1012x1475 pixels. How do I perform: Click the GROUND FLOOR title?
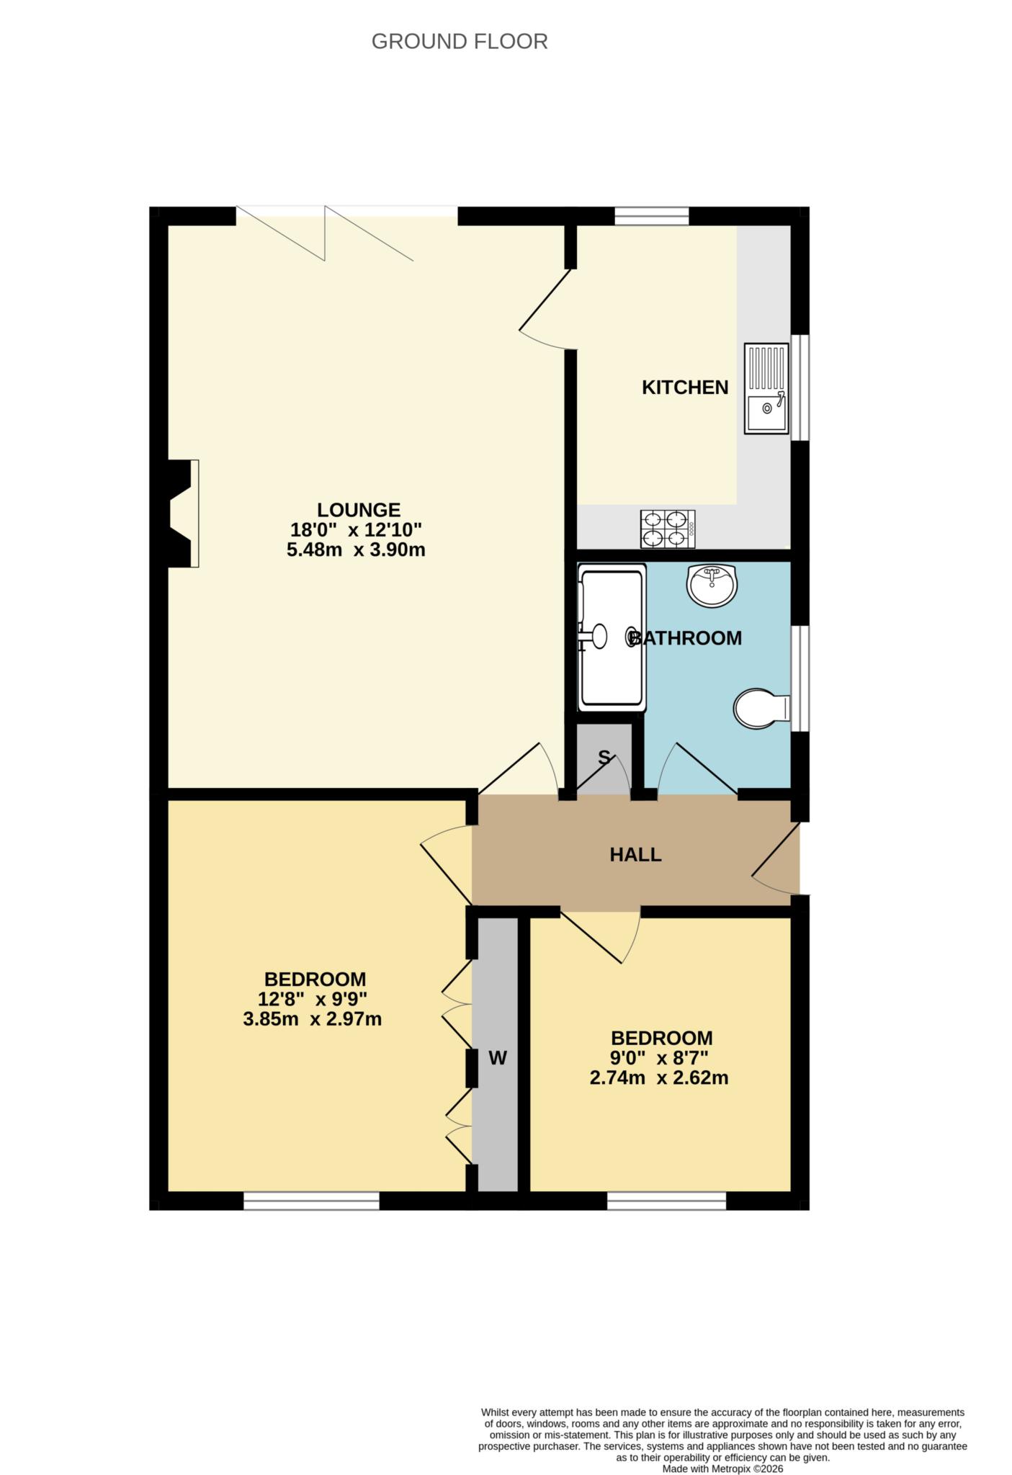460,42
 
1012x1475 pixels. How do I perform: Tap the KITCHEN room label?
685,387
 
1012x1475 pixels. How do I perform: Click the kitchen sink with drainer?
766,389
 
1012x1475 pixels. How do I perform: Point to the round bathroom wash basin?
712,585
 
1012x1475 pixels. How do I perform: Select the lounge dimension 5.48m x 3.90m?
356,550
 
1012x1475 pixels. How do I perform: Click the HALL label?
635,855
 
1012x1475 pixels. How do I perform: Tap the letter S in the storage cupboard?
604,758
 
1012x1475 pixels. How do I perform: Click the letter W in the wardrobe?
498,1058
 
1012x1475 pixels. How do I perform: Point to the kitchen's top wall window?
651,215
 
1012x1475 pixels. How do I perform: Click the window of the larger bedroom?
311,1201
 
